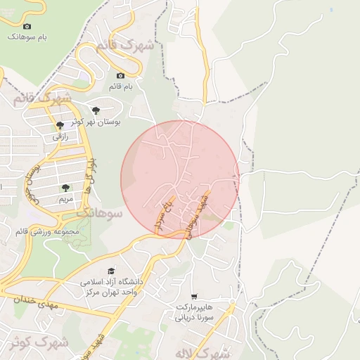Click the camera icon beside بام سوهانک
click(x=27, y=26)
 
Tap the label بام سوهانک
click(x=27, y=37)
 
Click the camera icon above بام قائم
click(x=120, y=75)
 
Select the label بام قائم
click(x=120, y=86)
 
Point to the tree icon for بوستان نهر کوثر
click(x=96, y=110)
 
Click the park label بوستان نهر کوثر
click(x=96, y=121)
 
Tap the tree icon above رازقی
click(x=60, y=125)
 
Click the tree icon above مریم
click(x=65, y=188)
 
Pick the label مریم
click(x=65, y=199)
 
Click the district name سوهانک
click(x=98, y=212)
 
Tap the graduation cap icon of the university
click(x=110, y=271)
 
